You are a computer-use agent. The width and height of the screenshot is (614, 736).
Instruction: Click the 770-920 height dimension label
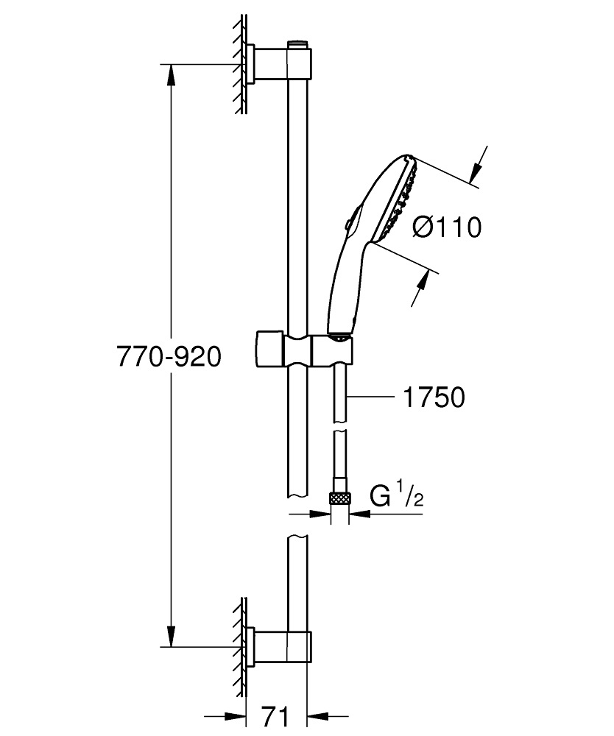(x=169, y=358)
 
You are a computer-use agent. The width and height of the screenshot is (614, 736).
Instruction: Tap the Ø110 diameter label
(x=447, y=228)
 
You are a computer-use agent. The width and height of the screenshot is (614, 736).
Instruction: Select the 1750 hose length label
(x=434, y=397)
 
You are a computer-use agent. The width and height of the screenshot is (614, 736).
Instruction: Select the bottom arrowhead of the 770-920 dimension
(x=171, y=636)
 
